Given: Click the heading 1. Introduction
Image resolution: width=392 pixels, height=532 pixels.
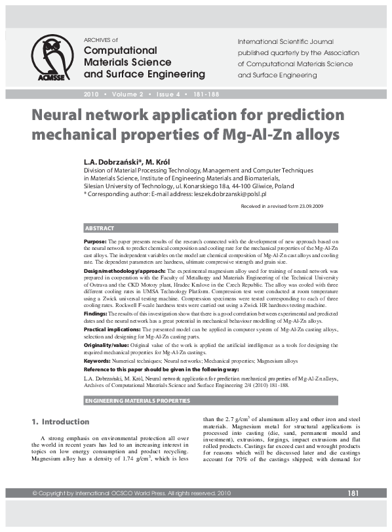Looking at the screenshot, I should (61, 421).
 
